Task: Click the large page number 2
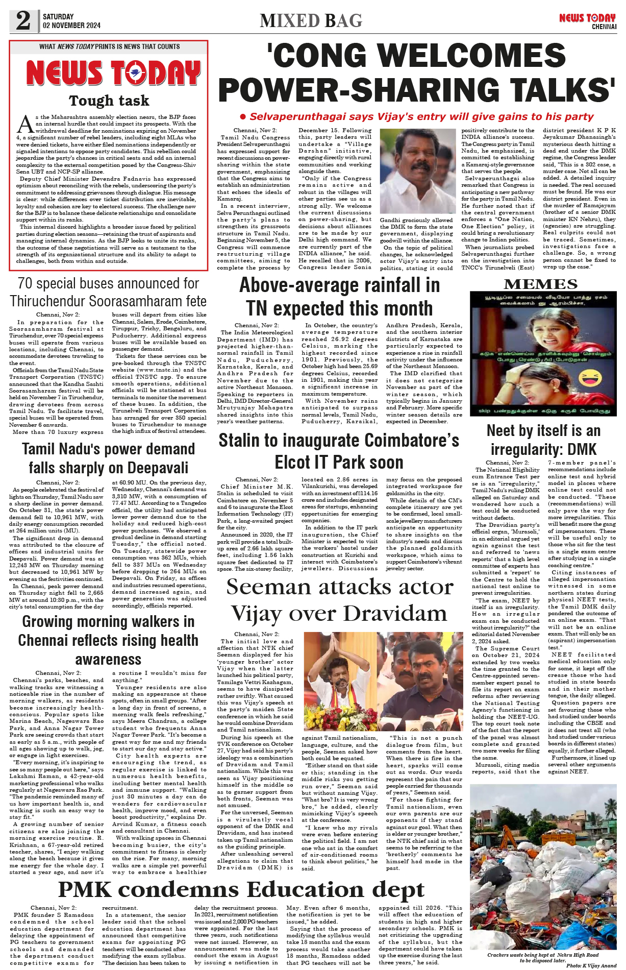[23, 20]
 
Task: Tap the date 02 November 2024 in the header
[71, 26]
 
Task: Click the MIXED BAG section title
[311, 21]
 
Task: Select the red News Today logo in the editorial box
[113, 73]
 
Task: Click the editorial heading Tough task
[109, 101]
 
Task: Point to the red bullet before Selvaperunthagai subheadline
[243, 117]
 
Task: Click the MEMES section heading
[540, 284]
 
